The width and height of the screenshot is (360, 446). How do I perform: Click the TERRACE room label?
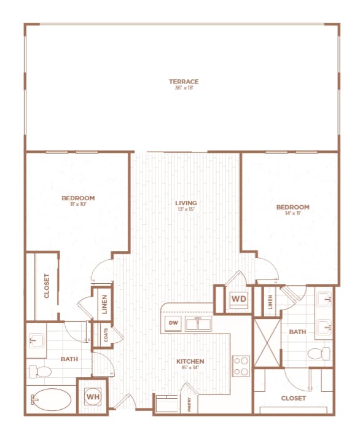pos(184,81)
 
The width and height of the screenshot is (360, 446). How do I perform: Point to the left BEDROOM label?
pos(78,198)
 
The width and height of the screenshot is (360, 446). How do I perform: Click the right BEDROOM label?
pos(292,208)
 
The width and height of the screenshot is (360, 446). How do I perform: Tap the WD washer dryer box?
pos(238,300)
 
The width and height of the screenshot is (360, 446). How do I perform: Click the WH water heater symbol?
pos(92,397)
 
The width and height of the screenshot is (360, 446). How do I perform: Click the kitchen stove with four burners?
pos(240,366)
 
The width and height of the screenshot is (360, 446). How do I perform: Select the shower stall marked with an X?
pos(267,342)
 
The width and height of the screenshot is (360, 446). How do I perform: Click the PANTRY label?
pos(189,404)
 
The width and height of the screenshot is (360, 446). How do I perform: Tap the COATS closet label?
pos(106,334)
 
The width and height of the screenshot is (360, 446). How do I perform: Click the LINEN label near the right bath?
pos(269,301)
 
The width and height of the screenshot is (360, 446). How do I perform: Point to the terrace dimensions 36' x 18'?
pos(184,88)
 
